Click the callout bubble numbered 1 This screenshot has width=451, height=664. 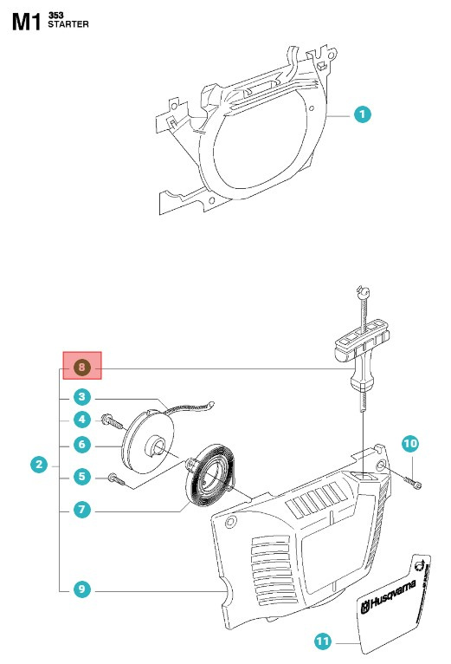[x=364, y=114]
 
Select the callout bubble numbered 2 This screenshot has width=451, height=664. [x=38, y=465]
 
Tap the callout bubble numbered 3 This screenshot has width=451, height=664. [x=81, y=398]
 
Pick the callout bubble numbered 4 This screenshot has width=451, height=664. [x=81, y=420]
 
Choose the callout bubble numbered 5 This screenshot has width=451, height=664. [x=81, y=476]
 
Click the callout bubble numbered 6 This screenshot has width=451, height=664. [x=81, y=445]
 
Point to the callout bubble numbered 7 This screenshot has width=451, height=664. [x=81, y=510]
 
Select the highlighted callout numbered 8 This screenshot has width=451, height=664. [x=81, y=368]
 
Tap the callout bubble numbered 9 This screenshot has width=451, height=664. [x=81, y=589]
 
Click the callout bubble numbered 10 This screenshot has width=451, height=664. [x=410, y=444]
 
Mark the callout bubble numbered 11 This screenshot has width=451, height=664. [x=322, y=642]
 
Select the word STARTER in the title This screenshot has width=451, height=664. [x=69, y=25]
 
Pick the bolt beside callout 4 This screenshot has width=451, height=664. [x=111, y=421]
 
